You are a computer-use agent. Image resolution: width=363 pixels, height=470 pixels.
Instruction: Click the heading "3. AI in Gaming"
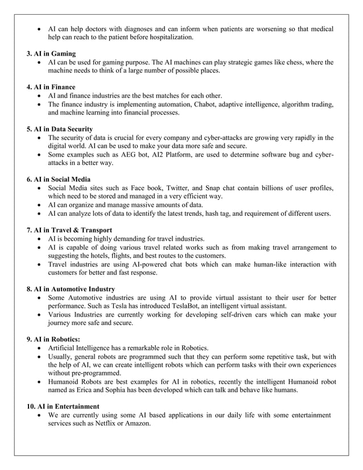tap(51, 53)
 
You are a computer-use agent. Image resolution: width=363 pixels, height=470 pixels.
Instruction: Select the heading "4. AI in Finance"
tap(51, 87)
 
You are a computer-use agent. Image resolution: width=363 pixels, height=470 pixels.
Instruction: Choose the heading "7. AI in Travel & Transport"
tap(69, 230)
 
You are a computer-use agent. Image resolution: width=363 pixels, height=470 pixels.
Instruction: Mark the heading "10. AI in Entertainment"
tap(63, 406)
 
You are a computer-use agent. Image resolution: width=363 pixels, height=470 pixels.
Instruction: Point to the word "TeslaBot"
tap(183, 306)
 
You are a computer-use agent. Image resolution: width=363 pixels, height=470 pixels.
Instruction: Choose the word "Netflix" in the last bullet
tap(110, 424)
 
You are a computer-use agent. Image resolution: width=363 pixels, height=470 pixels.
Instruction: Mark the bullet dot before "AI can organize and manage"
tap(38, 205)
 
